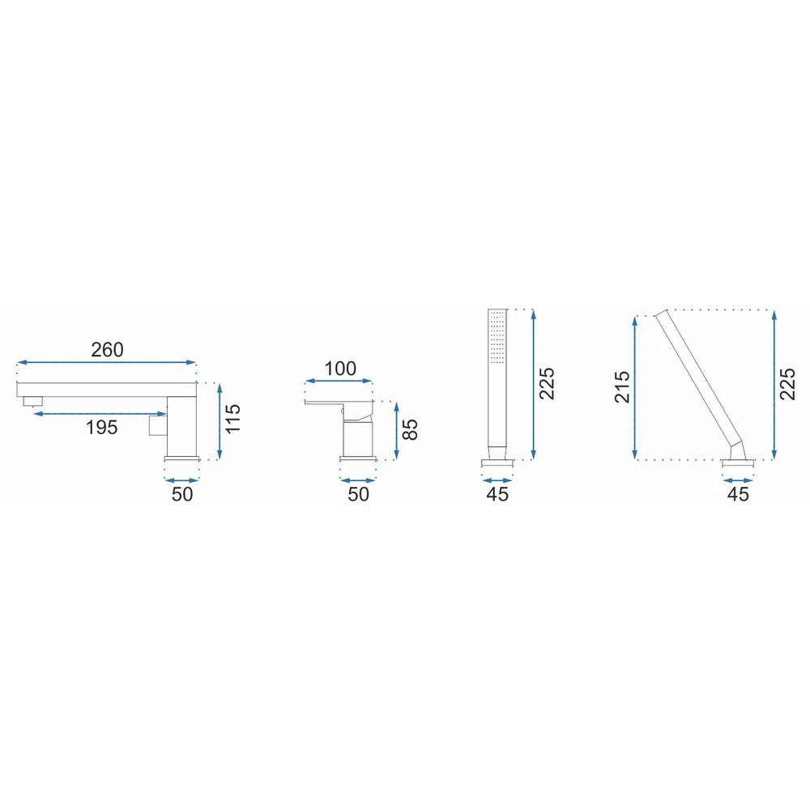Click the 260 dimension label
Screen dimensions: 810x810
[107, 350]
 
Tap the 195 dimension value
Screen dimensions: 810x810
[102, 427]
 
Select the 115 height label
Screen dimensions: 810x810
[232, 419]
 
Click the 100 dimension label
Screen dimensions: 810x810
[340, 369]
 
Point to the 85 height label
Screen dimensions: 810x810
[409, 429]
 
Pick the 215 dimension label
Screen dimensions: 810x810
[622, 386]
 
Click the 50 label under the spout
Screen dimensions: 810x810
[182, 494]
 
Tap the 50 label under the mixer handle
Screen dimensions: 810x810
[359, 494]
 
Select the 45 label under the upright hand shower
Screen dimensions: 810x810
[497, 494]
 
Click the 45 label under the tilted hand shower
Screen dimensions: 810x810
[738, 494]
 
